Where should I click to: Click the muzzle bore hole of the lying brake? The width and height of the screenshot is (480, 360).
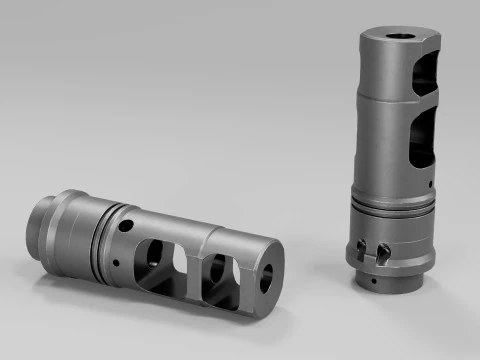pyautogui.click(x=266, y=281)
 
